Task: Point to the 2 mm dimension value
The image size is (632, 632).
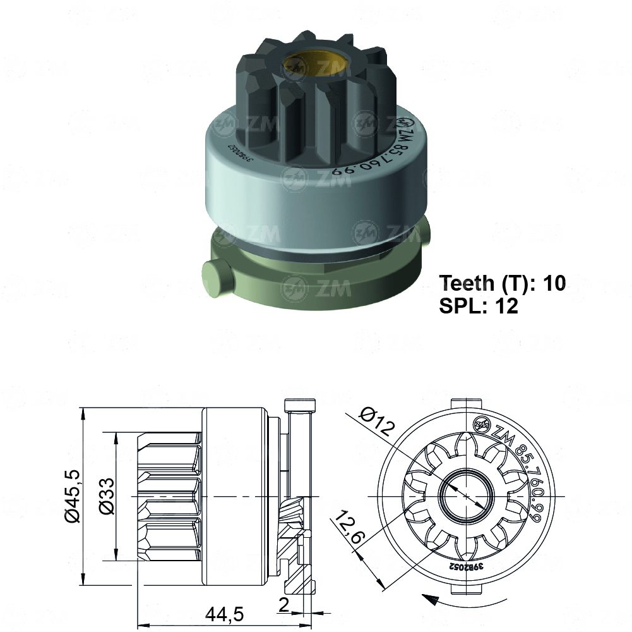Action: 283,605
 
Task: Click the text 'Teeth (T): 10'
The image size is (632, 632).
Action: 502,283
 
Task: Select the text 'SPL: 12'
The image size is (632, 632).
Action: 478,307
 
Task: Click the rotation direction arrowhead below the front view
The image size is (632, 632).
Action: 429,597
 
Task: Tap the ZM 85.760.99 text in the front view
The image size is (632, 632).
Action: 518,474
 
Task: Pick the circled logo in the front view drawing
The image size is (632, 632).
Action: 481,423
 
